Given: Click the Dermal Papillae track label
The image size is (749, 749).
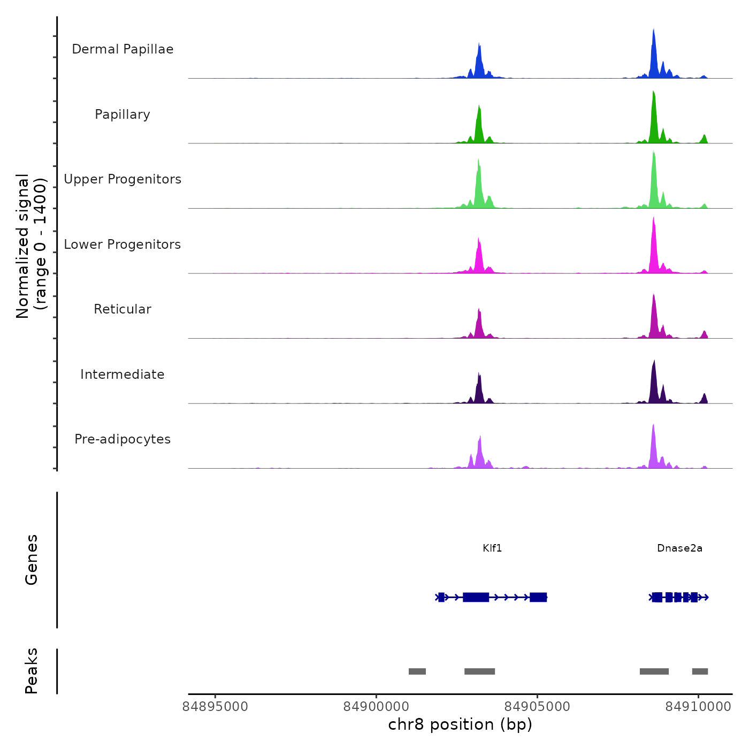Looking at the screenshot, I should (x=123, y=49).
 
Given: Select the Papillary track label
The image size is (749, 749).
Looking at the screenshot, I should (x=123, y=114).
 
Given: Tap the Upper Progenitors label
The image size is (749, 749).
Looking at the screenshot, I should (x=123, y=179).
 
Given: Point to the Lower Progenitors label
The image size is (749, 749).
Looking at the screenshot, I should (x=123, y=244).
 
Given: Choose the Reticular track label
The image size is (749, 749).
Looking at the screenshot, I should (x=123, y=309).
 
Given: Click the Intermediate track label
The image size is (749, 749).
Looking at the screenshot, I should (x=123, y=374).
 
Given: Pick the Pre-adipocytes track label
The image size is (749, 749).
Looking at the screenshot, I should (x=123, y=439).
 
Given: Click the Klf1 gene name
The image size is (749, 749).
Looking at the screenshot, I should (x=492, y=548).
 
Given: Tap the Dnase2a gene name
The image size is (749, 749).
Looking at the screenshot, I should (x=679, y=548).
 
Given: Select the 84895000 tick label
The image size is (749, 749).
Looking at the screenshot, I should (x=216, y=707).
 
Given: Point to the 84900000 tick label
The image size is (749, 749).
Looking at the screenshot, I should (x=376, y=707).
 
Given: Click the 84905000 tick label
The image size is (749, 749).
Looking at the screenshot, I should (x=537, y=707).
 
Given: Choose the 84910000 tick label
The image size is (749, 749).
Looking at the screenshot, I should (x=698, y=707).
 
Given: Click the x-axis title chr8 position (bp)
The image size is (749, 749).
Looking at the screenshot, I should (x=460, y=724).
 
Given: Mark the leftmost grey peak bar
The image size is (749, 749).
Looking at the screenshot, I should (x=417, y=671).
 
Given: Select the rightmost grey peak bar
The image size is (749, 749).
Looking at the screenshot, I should (x=700, y=671).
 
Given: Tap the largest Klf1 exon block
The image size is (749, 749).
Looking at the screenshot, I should (x=476, y=597).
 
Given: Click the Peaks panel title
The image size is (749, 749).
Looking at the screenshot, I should (x=32, y=671).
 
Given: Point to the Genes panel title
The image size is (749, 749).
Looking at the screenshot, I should (x=32, y=560).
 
